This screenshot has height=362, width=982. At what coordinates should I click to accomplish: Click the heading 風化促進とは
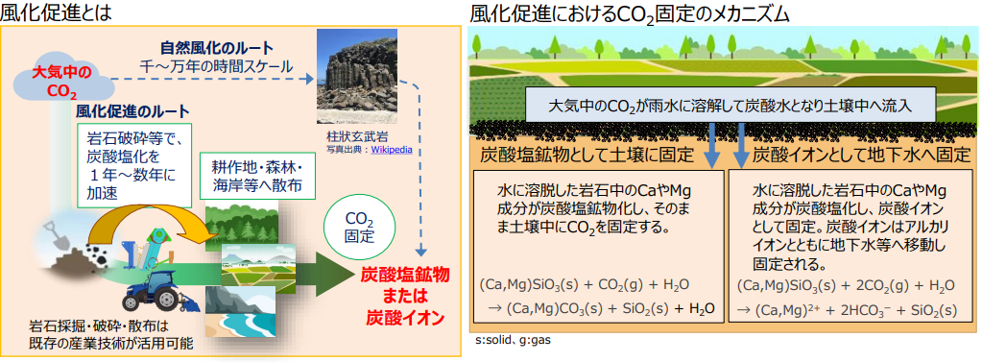(x=58, y=12)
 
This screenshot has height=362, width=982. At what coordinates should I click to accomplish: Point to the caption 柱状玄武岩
(x=350, y=137)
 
